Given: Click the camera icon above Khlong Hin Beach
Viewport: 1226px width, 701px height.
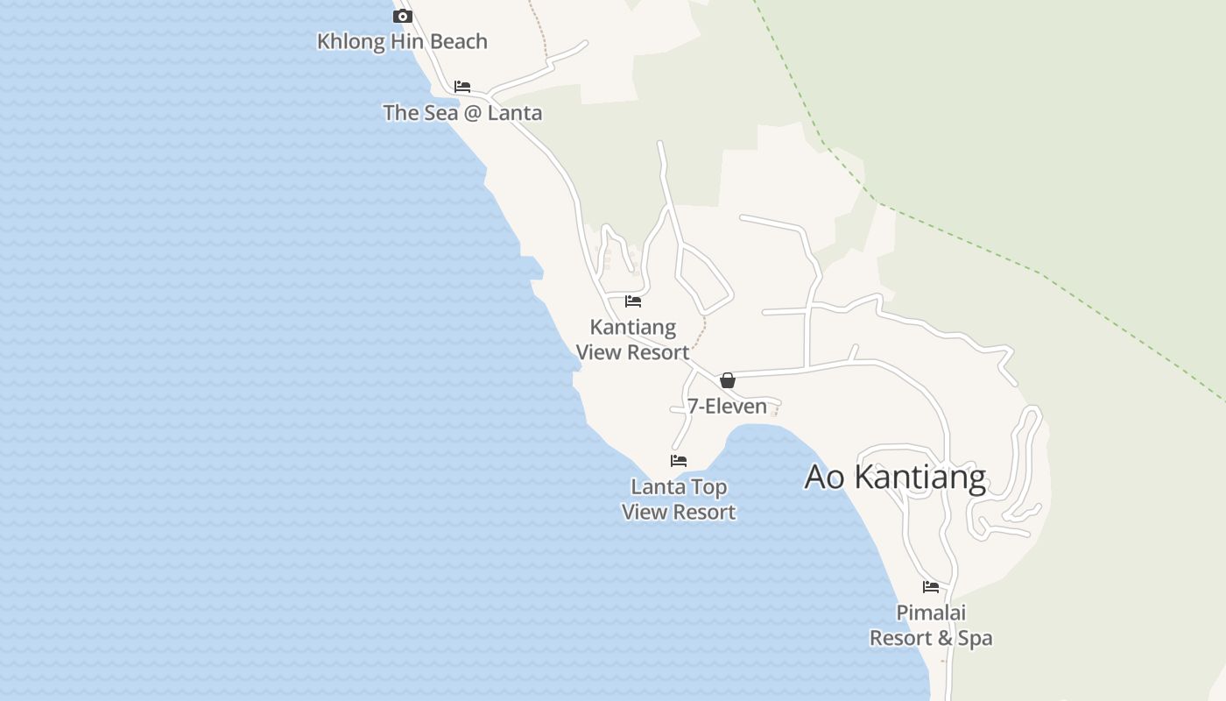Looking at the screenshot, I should tap(403, 16).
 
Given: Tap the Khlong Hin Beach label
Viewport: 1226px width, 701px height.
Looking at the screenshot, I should tap(402, 41).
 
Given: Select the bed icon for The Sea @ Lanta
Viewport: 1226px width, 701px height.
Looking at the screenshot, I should tap(462, 87).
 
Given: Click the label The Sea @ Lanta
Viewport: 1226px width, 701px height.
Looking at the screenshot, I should tap(462, 113).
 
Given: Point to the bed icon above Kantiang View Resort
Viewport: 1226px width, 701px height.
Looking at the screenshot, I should tap(633, 301).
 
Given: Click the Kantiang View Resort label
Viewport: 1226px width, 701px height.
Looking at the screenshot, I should tap(632, 340).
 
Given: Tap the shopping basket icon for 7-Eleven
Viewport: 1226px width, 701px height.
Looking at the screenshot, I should tap(727, 380).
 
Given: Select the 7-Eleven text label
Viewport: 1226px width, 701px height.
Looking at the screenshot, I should tap(727, 406).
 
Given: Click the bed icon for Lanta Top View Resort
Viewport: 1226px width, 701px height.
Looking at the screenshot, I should tap(679, 461).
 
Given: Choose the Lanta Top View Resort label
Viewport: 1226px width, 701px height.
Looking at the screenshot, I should tap(679, 499).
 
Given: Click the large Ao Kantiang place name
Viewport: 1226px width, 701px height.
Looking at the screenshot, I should tap(895, 478).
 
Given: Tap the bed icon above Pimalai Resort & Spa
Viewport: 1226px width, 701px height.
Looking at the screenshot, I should tap(931, 587).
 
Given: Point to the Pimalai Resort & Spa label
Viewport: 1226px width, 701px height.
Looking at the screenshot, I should tap(931, 626).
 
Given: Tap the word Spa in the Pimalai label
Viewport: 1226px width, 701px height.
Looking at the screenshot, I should tap(975, 639).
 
